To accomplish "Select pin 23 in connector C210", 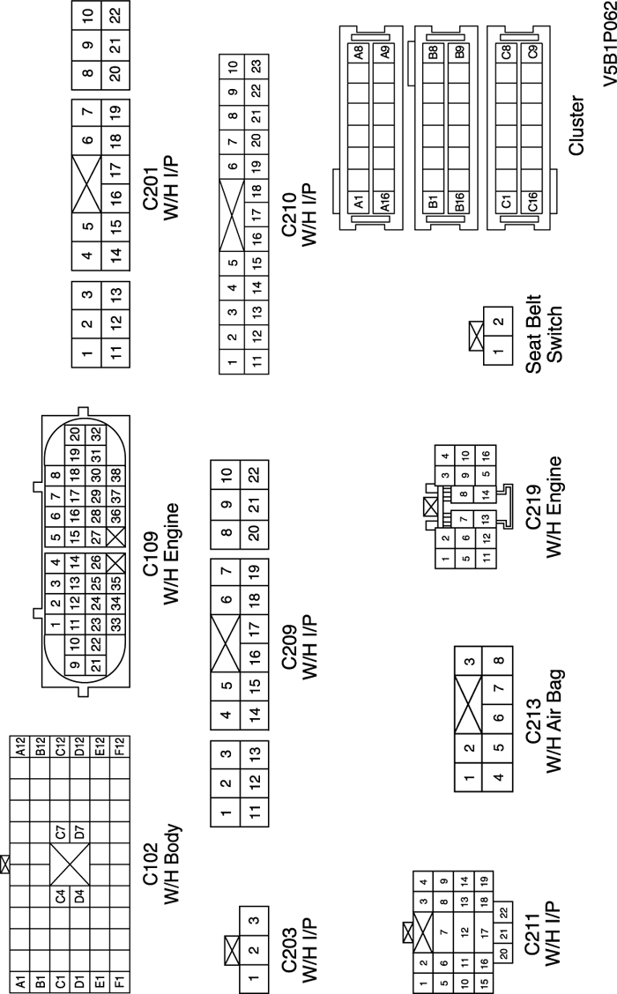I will click(256, 66).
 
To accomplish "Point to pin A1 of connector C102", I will click(18, 978).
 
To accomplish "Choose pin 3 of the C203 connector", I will click(253, 921).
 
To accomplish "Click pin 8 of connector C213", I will click(499, 661).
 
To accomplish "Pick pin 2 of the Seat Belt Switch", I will click(499, 322).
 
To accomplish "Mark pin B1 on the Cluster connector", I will click(433, 202).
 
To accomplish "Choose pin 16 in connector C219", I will click(484, 456).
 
